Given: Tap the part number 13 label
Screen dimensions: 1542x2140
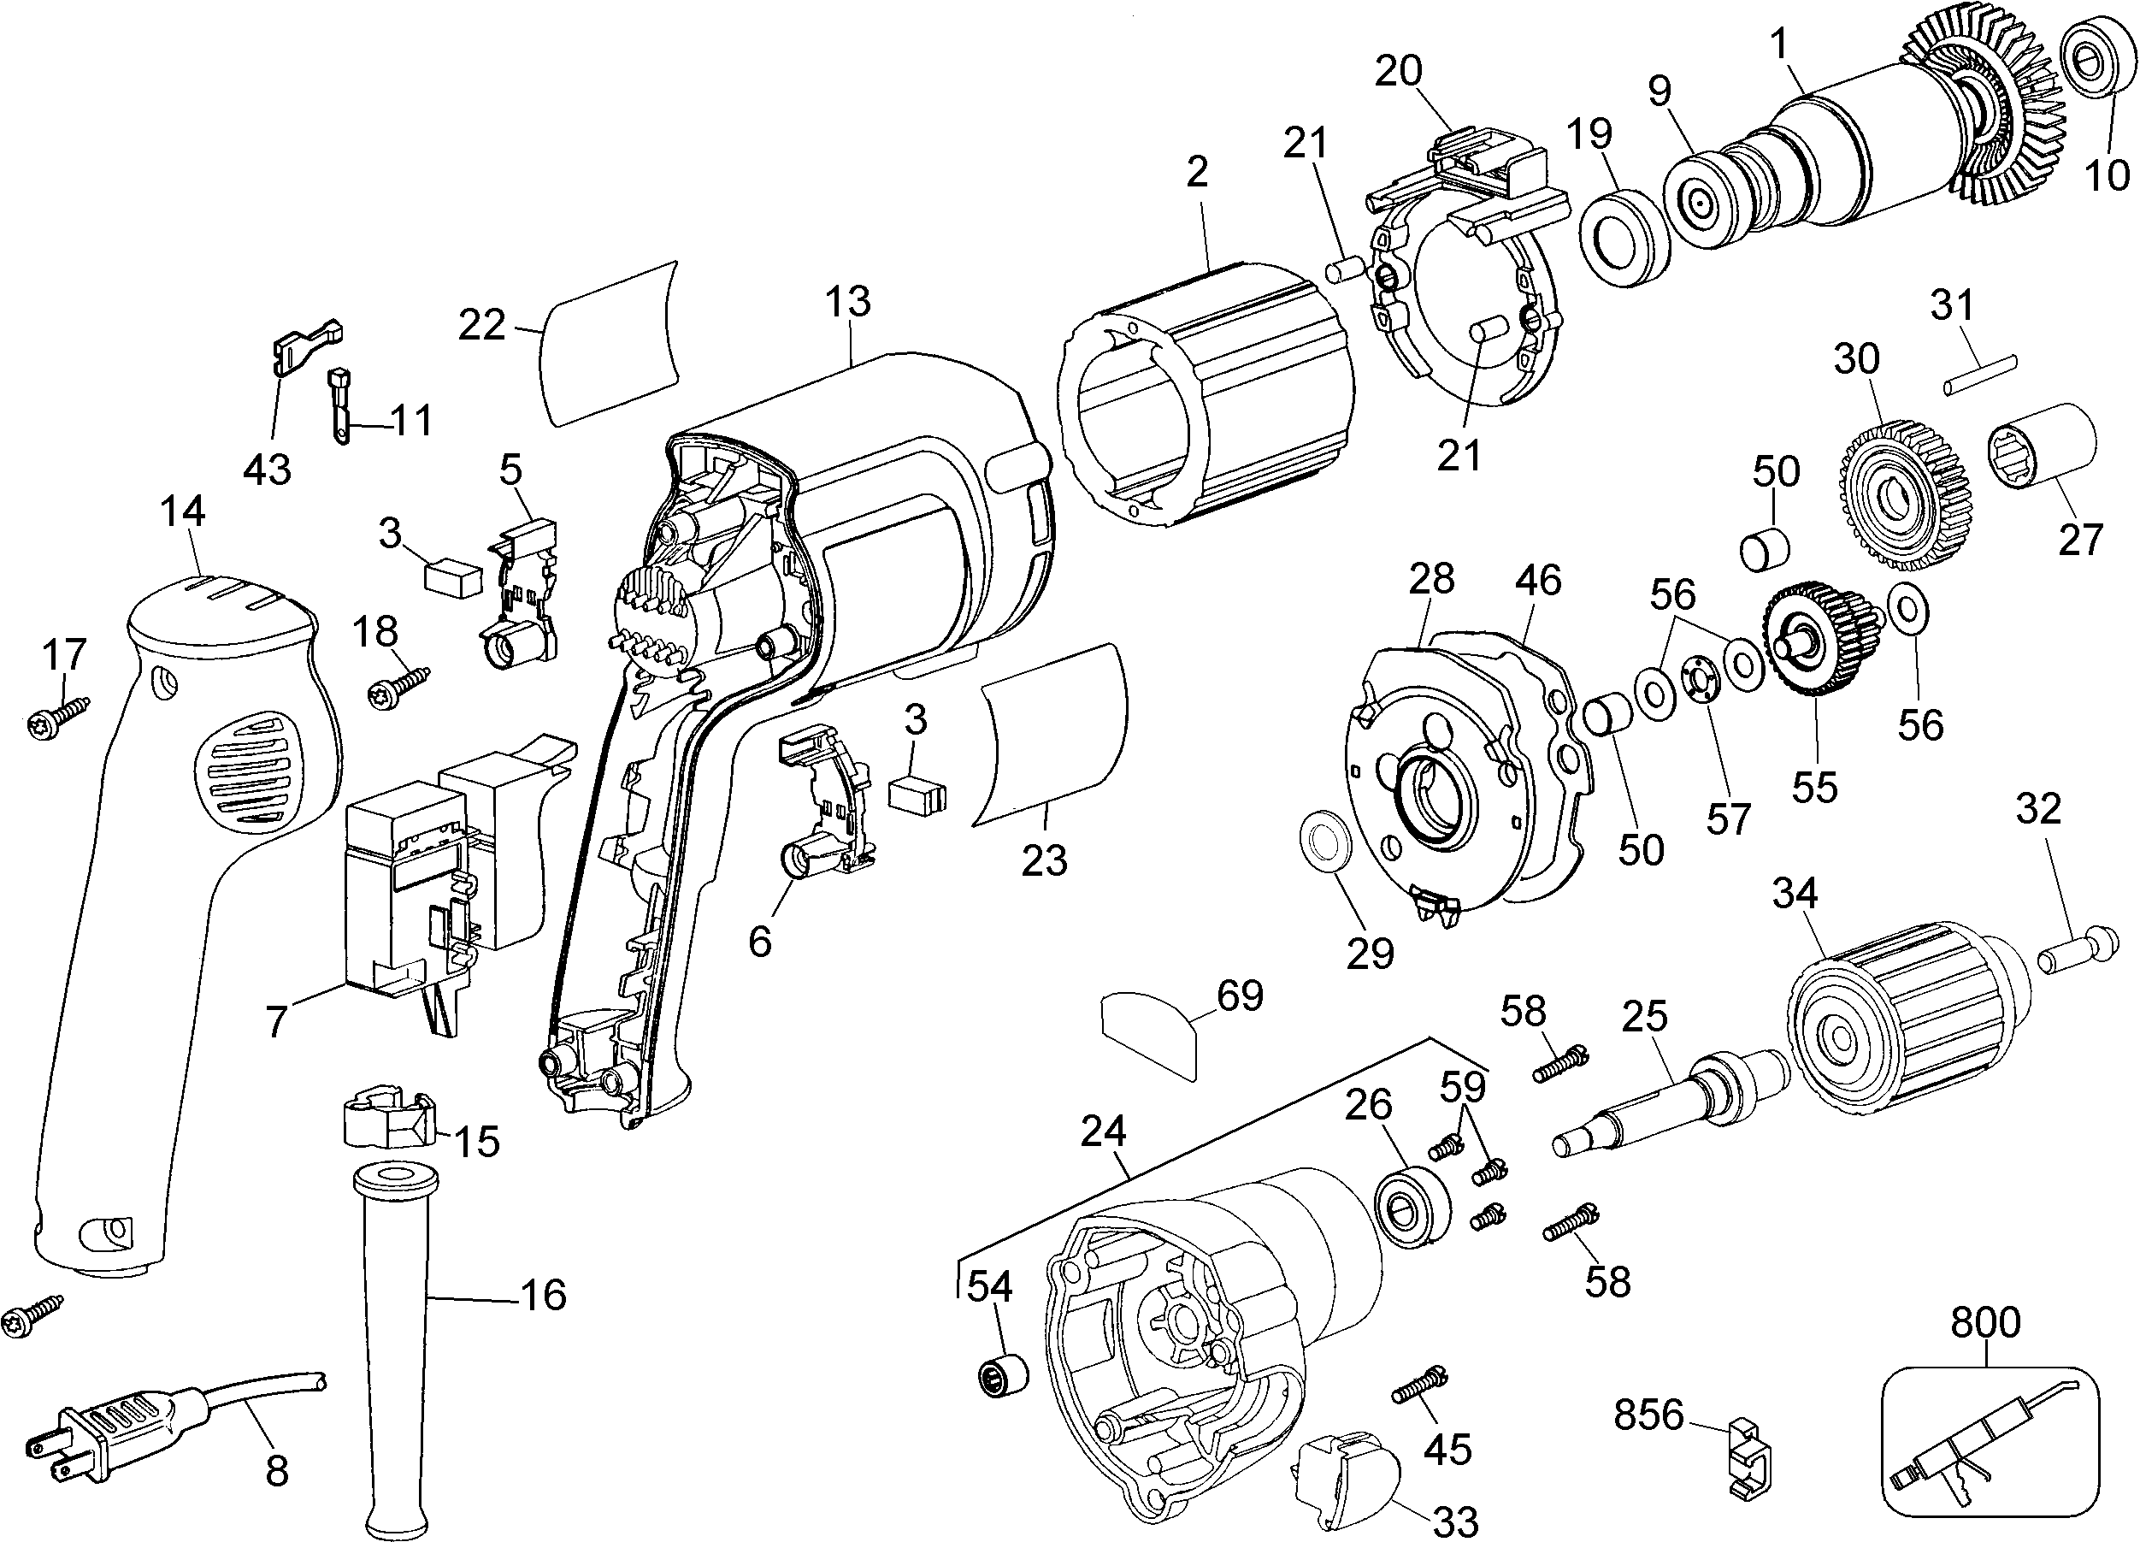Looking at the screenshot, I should click(x=847, y=302).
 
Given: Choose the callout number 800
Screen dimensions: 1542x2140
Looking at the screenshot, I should click(x=1985, y=1323).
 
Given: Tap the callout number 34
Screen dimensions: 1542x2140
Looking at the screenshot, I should click(x=1795, y=893).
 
